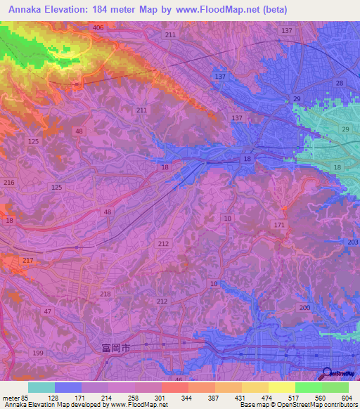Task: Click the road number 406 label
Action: pyautogui.click(x=98, y=27)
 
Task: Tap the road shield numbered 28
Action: pyautogui.click(x=339, y=84)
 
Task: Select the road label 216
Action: pyautogui.click(x=9, y=183)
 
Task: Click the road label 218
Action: pyautogui.click(x=105, y=294)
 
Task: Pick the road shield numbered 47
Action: pyautogui.click(x=48, y=311)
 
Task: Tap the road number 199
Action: pyautogui.click(x=37, y=352)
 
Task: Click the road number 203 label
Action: pyautogui.click(x=352, y=241)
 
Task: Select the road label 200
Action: pyautogui.click(x=304, y=309)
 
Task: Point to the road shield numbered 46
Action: pyautogui.click(x=179, y=379)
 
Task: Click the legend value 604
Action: pyautogui.click(x=346, y=397)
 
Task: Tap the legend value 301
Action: pyautogui.click(x=160, y=397)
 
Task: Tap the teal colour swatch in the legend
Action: pyautogui.click(x=41, y=387)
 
